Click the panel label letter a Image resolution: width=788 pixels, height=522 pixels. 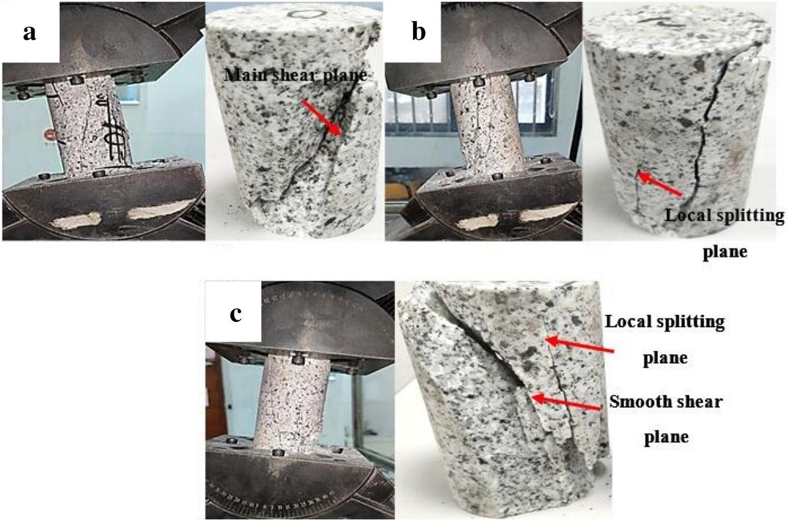tap(30, 32)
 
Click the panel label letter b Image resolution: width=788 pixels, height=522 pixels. tap(418, 32)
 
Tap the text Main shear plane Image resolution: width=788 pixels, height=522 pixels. tap(295, 75)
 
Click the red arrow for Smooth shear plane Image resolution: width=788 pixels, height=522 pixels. tap(565, 404)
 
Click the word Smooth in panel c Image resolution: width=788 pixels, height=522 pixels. tap(635, 402)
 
